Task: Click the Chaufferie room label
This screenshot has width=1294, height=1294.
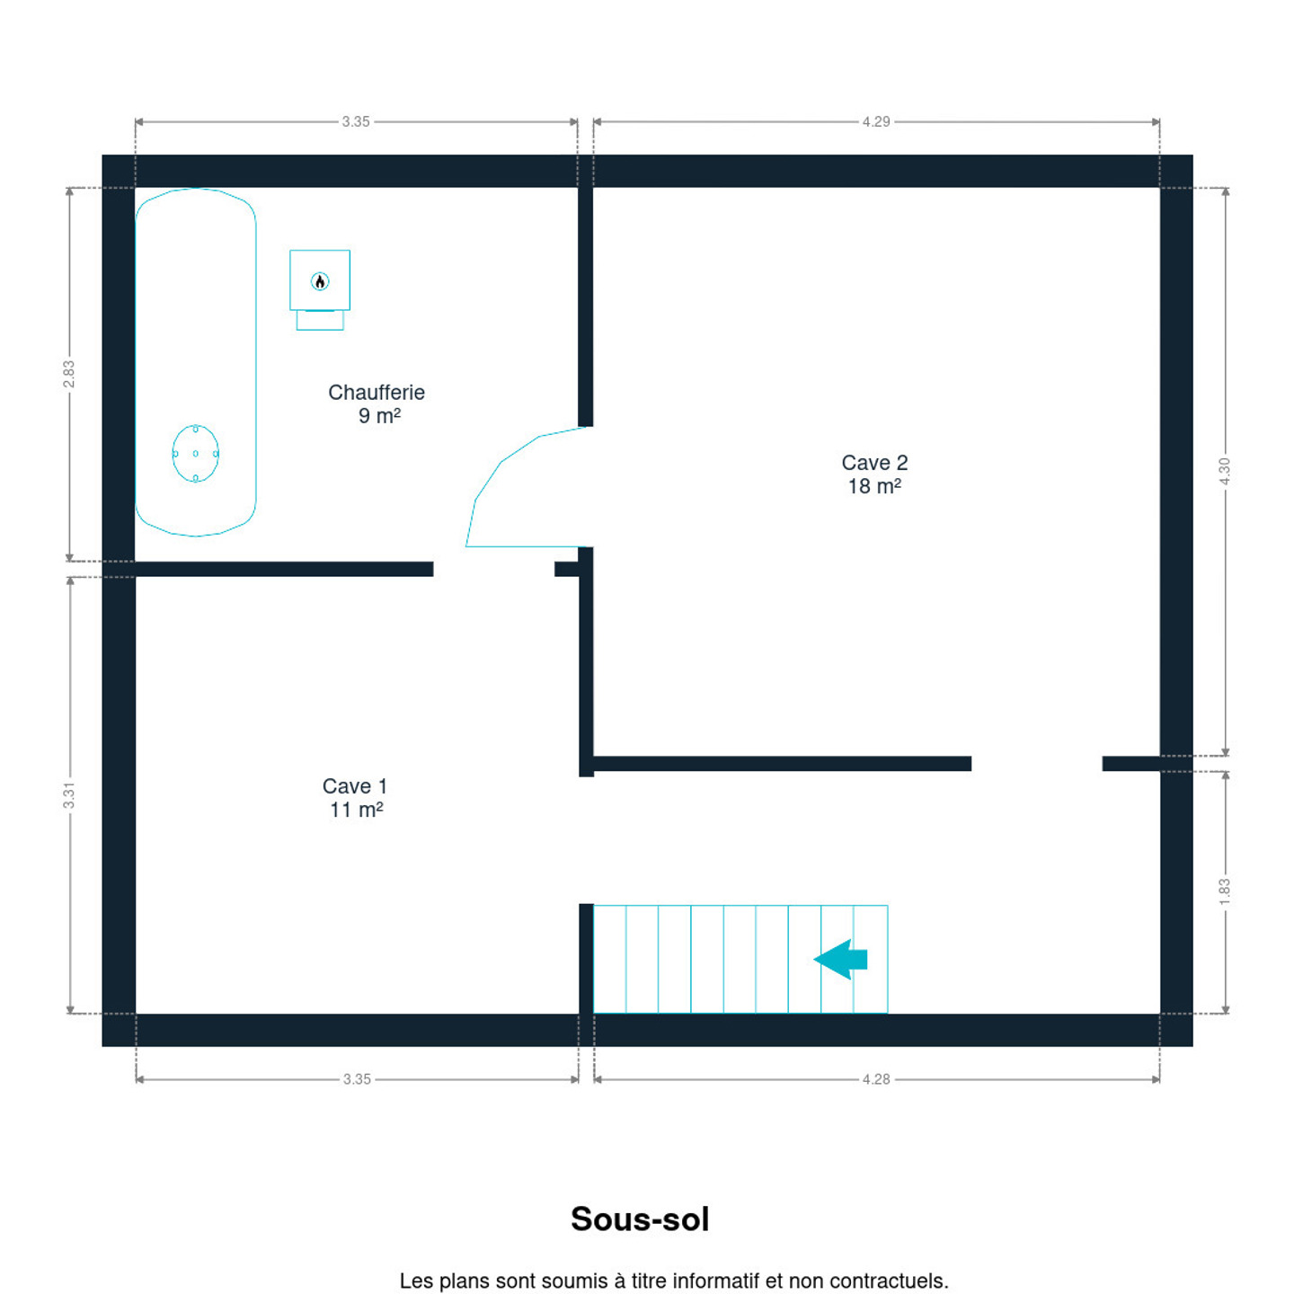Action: tap(376, 392)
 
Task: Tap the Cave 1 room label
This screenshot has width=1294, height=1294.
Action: tap(355, 786)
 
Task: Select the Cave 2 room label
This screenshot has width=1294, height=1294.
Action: tap(874, 463)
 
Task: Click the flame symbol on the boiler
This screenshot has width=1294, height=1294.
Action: tap(320, 281)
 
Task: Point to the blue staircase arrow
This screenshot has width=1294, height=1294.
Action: tap(840, 960)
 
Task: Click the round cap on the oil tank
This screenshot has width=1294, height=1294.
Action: tap(195, 453)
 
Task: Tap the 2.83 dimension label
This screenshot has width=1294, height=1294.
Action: tap(68, 374)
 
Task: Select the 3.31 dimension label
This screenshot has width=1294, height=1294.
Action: tap(68, 796)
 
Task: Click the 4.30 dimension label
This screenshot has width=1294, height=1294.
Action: tap(1224, 472)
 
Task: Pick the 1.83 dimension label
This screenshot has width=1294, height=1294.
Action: tap(1224, 891)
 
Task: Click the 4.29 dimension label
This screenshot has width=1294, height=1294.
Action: tap(876, 121)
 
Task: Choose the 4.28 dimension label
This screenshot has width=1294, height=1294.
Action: tap(876, 1079)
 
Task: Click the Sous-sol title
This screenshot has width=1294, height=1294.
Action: tap(640, 1219)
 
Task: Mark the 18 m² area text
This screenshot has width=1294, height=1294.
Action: tap(874, 486)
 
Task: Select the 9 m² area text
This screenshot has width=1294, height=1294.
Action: tap(379, 416)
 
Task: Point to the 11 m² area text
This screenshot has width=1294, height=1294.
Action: tap(356, 810)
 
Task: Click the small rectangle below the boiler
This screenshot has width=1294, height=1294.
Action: tap(320, 320)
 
